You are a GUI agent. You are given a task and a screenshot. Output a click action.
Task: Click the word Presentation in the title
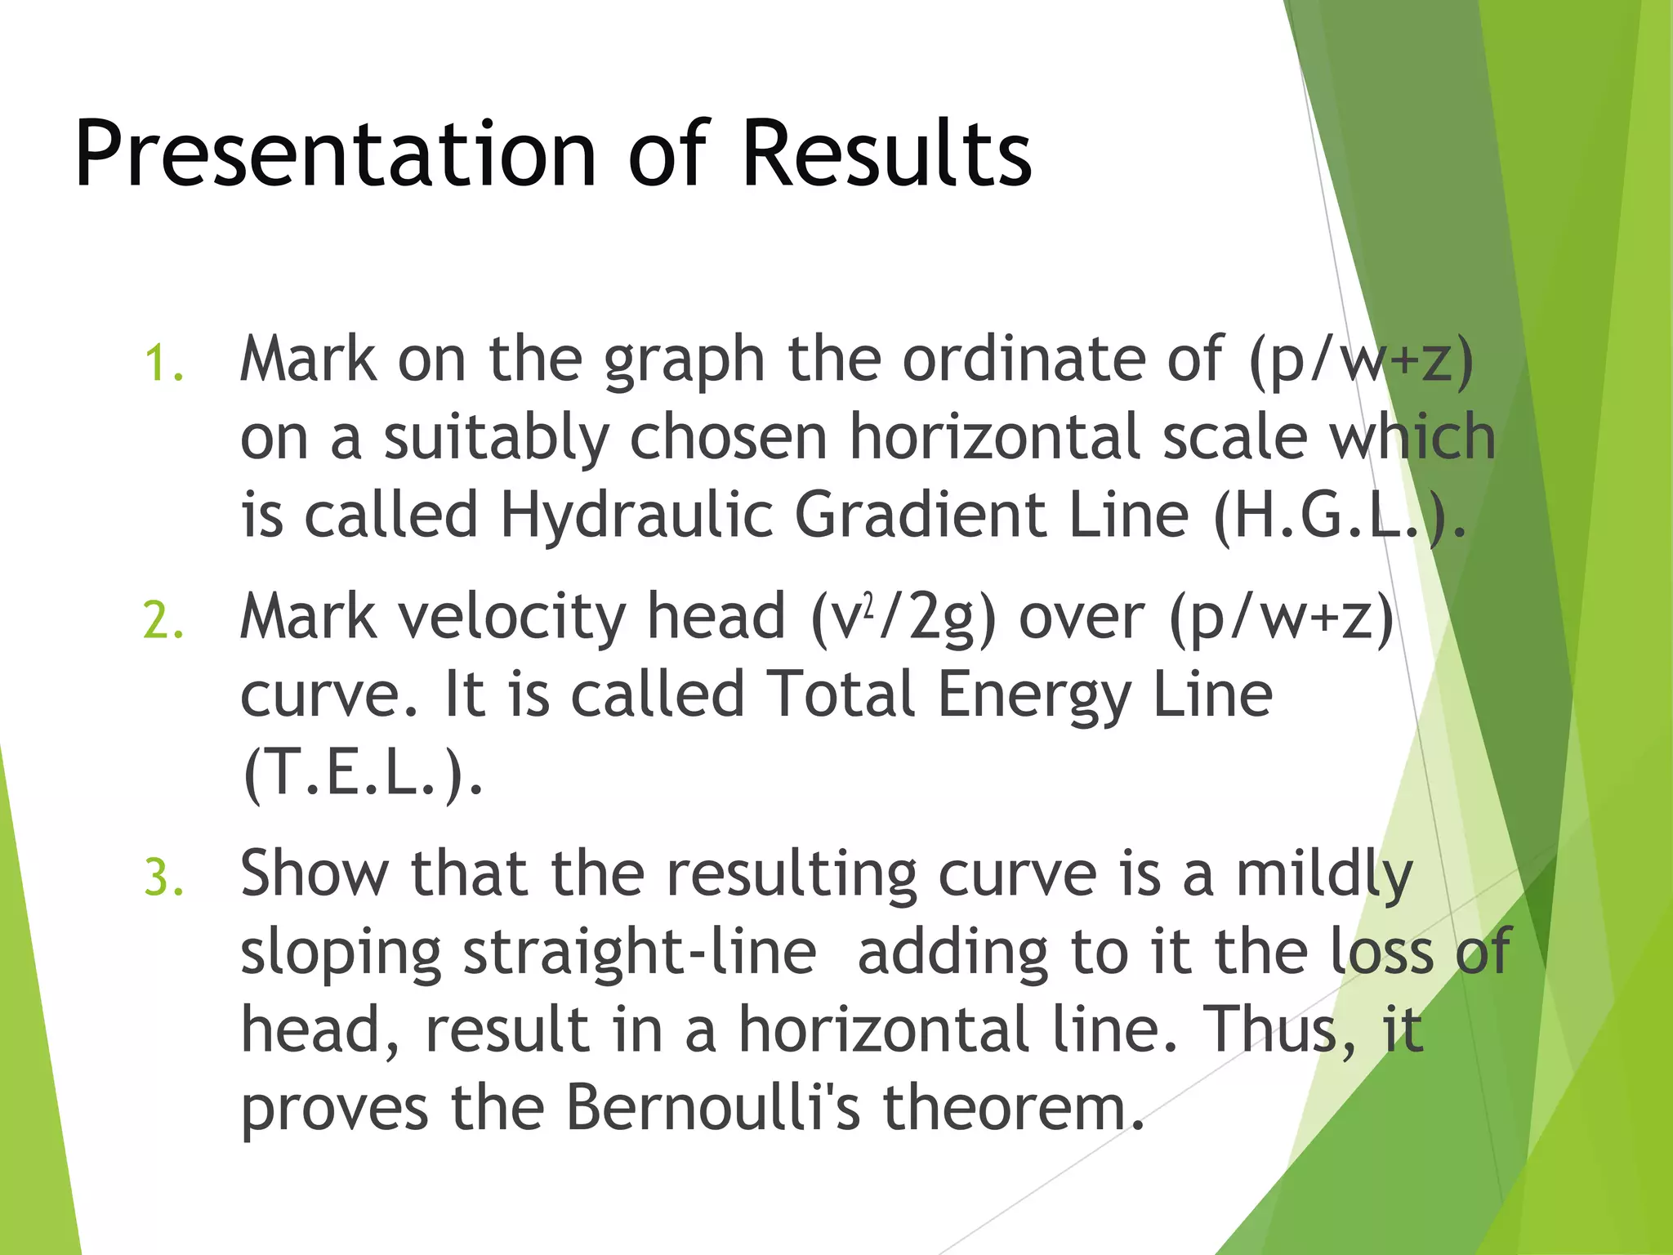[x=336, y=155]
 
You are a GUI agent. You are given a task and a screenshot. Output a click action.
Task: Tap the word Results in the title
[x=887, y=154]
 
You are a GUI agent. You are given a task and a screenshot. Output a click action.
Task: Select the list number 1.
[x=163, y=364]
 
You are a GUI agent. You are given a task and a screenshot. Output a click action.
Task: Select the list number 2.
[x=163, y=621]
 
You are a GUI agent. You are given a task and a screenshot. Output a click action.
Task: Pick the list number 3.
[x=163, y=878]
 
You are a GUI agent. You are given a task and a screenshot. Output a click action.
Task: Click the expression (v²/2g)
[x=903, y=618]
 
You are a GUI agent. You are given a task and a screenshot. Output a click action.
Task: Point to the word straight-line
[x=640, y=954]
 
